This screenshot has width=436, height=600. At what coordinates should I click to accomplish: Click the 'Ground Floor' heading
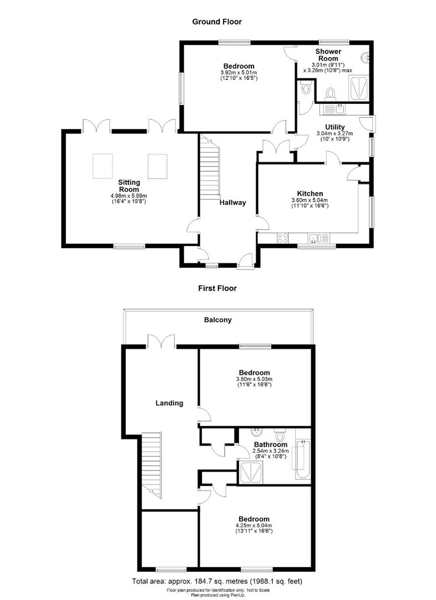click(x=217, y=22)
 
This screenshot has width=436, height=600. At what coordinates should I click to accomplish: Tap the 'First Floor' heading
click(x=217, y=288)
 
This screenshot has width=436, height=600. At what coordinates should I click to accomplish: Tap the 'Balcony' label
click(x=217, y=320)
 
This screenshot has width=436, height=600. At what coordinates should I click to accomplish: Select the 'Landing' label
click(x=169, y=403)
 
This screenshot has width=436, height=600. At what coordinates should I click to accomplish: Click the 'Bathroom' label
click(x=271, y=444)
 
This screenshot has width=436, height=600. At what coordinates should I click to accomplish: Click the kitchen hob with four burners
click(x=282, y=238)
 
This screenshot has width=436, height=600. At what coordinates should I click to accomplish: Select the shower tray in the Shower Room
click(x=359, y=87)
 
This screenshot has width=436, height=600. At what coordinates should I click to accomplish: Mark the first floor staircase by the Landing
click(x=151, y=464)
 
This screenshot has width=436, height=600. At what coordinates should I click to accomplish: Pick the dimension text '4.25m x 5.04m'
click(x=254, y=525)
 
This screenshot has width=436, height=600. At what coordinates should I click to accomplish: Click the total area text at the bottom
click(x=217, y=581)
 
